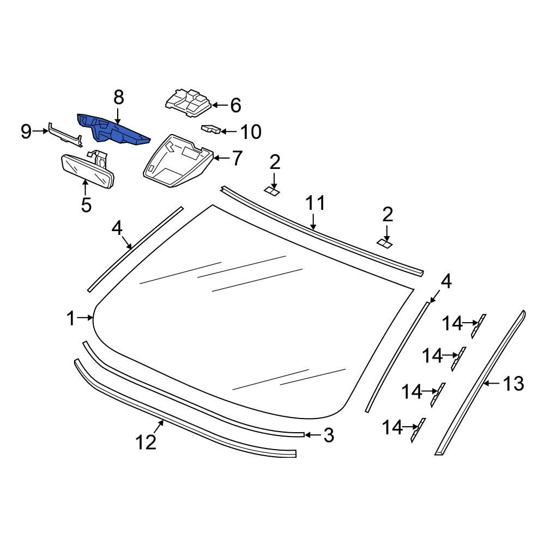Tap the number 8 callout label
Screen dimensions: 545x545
click(118, 98)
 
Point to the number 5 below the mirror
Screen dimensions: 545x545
click(86, 205)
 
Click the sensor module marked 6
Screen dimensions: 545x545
click(187, 102)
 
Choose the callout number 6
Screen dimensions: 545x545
click(235, 105)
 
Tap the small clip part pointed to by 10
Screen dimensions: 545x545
click(211, 129)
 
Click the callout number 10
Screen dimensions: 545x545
click(251, 132)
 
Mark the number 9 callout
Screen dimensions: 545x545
click(26, 131)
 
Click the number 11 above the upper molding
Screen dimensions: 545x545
click(314, 203)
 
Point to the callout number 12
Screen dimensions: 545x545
click(146, 442)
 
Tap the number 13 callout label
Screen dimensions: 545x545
click(513, 384)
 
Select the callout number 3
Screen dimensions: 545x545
click(328, 435)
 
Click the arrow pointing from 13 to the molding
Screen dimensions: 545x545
click(492, 384)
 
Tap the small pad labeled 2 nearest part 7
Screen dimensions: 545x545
click(272, 190)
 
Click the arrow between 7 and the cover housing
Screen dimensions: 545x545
click(221, 159)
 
